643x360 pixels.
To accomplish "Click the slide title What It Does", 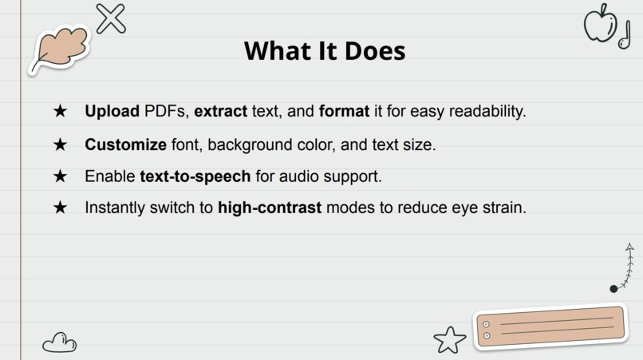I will [325, 51].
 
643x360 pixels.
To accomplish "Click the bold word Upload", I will [112, 111].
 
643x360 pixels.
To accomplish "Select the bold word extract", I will [220, 111].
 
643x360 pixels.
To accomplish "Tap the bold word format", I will [344, 111].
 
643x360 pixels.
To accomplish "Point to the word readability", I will [487, 112].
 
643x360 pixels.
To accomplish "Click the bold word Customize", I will [126, 144].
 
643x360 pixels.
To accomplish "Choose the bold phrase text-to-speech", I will [195, 176].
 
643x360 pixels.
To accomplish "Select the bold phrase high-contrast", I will [270, 208].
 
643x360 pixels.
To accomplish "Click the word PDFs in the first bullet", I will [166, 111].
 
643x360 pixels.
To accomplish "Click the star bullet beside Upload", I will [60, 111].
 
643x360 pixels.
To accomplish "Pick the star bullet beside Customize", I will [60, 144].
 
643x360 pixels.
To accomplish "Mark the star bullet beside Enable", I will [60, 176].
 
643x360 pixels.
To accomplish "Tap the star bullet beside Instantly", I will [60, 208].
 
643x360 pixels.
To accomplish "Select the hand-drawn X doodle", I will [111, 18].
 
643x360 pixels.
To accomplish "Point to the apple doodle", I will [598, 23].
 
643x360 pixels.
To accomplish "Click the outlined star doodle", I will [450, 340].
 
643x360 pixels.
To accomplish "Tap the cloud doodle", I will [59, 343].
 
